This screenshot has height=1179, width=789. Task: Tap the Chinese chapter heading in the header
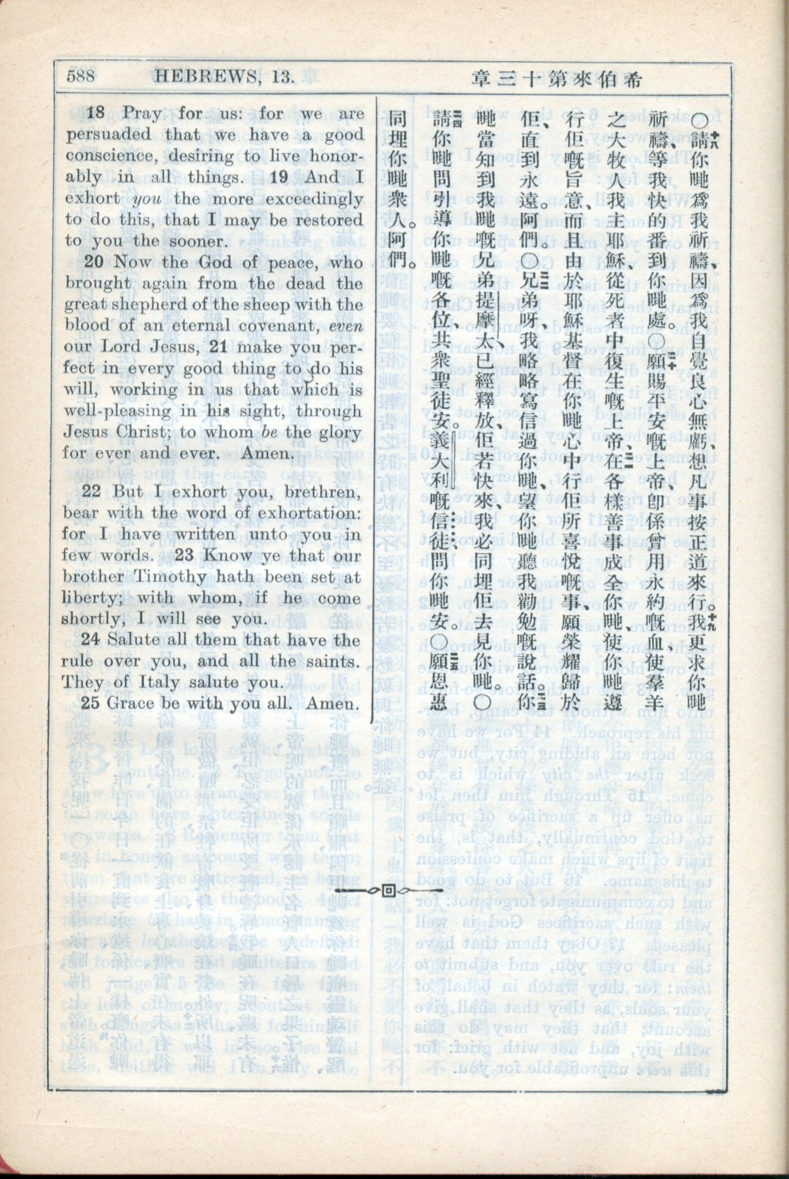[559, 79]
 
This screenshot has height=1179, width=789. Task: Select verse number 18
[94, 113]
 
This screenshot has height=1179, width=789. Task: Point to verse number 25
[91, 703]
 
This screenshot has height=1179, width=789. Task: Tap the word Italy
[150, 682]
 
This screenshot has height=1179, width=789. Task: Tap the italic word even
[347, 326]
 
